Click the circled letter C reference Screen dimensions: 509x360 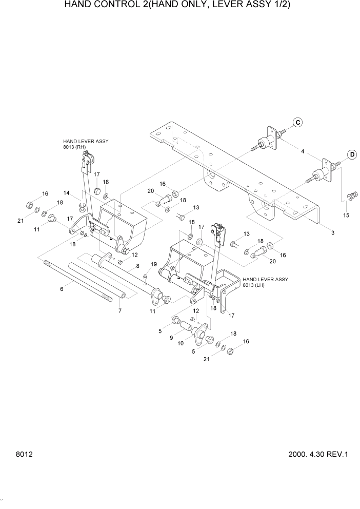tap(298, 122)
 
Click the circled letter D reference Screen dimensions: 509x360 tap(352, 154)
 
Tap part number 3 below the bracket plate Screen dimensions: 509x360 tap(333, 232)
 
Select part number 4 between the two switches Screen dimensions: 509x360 tap(303, 151)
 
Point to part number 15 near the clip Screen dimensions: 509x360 tap(346, 215)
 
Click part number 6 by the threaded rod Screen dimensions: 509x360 tap(62, 289)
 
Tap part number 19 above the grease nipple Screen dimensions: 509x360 tap(153, 264)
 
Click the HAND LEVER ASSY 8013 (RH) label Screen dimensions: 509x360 tap(86, 144)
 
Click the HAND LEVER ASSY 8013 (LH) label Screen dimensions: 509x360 tap(265, 282)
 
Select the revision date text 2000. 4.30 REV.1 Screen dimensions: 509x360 tap(318, 454)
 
